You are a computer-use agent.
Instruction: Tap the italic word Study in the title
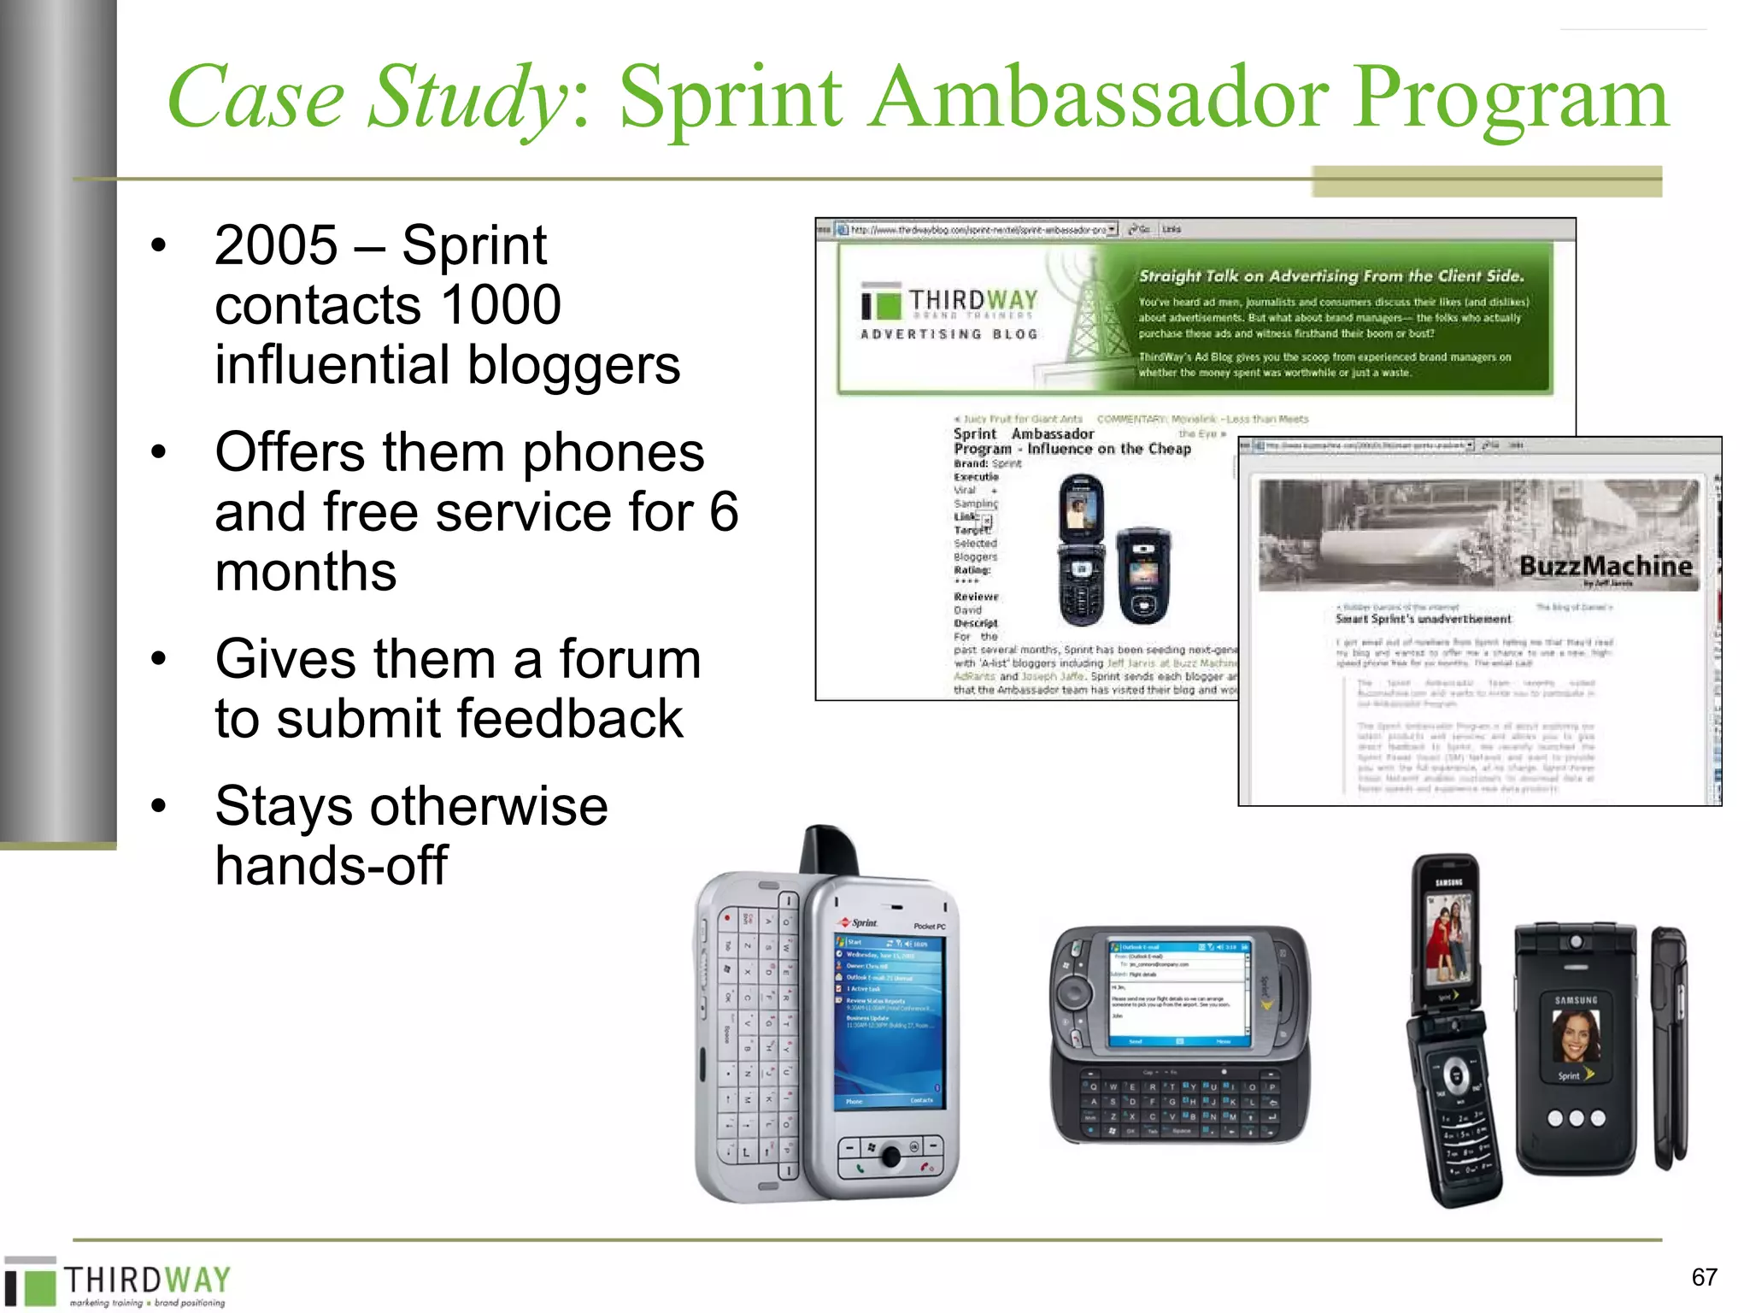click(466, 98)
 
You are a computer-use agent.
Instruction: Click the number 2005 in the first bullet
click(276, 246)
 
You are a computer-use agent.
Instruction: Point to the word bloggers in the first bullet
click(573, 366)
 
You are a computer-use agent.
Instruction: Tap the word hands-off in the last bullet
click(331, 865)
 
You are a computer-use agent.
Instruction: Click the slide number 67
click(1704, 1277)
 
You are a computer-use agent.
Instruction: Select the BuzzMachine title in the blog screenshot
click(1605, 566)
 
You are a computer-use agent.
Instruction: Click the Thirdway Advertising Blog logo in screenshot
click(950, 312)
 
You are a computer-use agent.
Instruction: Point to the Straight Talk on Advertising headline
click(1330, 276)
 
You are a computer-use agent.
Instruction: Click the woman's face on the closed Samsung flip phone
click(1575, 1035)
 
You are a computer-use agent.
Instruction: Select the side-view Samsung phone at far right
click(1670, 1047)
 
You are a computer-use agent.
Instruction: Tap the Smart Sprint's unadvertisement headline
click(1423, 619)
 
